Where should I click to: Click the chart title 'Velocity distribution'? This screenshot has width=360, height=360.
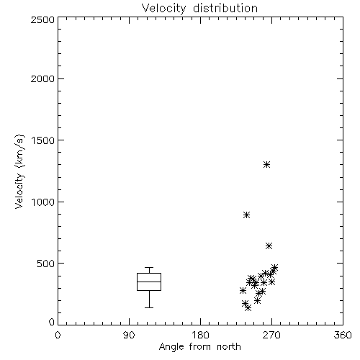(199, 9)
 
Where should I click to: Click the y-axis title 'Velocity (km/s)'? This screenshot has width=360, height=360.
(19, 171)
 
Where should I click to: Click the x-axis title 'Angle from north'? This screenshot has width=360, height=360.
(199, 346)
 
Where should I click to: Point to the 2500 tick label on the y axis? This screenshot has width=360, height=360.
(42, 19)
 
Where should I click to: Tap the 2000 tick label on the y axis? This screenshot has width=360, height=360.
(42, 78)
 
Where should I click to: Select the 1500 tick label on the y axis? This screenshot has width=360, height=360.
(43, 140)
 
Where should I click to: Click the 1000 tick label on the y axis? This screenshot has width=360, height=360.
(43, 202)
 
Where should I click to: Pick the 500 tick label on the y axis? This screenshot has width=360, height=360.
(45, 264)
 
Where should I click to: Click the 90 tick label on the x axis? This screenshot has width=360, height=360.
(129, 335)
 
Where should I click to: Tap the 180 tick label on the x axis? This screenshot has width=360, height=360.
(200, 335)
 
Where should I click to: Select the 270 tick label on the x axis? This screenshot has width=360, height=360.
(271, 335)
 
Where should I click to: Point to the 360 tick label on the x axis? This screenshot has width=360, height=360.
(343, 335)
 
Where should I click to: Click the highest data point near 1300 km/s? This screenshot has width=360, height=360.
(266, 165)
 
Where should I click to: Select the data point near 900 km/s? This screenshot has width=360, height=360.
(246, 215)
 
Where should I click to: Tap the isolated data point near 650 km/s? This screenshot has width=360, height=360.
(269, 246)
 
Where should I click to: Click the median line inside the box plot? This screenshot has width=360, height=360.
(149, 282)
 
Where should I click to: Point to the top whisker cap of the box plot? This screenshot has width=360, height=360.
(149, 267)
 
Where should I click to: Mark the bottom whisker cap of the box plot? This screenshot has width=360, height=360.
(149, 307)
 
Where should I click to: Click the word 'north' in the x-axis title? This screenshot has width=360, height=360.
(229, 346)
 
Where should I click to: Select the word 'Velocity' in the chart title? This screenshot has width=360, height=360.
(163, 9)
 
